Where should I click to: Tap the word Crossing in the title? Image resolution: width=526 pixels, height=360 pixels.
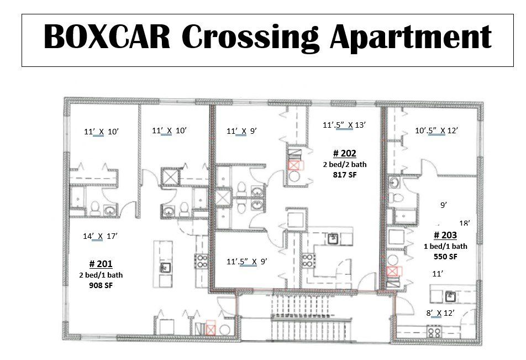tap(251, 38)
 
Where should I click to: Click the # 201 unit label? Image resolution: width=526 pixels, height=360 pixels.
tap(101, 264)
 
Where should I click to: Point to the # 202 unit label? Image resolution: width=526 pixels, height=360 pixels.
tap(344, 153)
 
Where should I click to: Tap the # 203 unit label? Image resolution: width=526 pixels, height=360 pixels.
tap(445, 234)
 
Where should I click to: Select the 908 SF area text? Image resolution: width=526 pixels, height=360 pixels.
tap(101, 285)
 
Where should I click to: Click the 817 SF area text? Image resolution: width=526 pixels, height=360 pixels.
tap(344, 175)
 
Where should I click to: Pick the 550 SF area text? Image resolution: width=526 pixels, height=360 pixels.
tap(445, 257)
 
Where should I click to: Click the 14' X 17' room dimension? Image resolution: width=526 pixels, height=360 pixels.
tap(100, 236)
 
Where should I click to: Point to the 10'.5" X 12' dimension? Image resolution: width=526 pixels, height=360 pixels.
tap(436, 131)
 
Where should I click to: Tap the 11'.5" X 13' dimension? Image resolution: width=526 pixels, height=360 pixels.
tap(344, 125)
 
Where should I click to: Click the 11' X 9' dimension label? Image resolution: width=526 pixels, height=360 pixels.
tap(242, 131)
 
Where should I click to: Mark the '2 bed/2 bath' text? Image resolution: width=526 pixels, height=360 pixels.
tap(344, 164)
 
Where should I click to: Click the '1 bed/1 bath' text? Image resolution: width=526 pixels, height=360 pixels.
tap(445, 246)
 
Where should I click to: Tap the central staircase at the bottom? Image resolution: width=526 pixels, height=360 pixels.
tap(309, 321)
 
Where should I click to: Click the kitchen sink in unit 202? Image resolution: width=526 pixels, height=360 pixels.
tap(333, 238)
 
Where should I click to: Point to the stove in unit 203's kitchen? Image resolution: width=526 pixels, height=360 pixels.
tap(434, 332)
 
